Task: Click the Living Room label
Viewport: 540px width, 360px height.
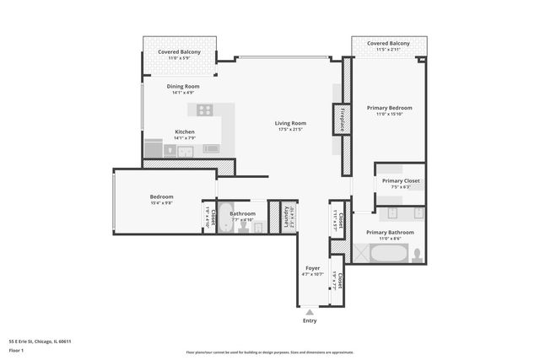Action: click(290, 123)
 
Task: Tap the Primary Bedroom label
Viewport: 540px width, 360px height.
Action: click(388, 108)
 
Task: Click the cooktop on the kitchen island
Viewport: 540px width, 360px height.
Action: click(204, 110)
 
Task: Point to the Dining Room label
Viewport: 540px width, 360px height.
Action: click(182, 86)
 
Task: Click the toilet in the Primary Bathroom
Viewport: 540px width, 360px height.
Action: click(415, 253)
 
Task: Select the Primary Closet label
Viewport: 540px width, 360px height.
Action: click(401, 180)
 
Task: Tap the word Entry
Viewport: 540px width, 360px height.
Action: click(310, 320)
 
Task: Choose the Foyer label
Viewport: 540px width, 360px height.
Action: click(312, 268)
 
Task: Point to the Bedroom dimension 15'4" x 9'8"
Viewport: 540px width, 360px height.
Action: click(161, 203)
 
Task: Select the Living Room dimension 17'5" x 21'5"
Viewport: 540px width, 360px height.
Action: click(290, 130)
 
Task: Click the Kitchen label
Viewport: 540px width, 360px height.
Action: click(185, 132)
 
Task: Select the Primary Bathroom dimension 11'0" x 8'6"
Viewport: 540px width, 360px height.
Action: click(389, 238)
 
